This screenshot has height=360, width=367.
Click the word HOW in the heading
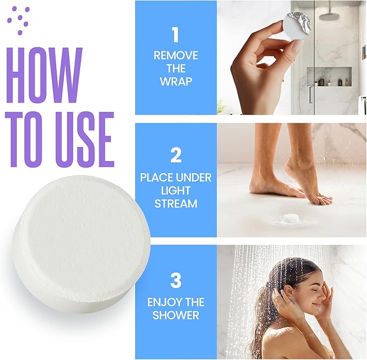coord(45,75)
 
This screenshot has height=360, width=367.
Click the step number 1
coord(175,35)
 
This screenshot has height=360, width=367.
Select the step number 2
coord(176,156)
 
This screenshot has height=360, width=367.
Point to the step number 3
coord(176,281)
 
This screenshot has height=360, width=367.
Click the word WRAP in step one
coord(176,82)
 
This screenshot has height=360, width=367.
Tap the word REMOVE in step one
coord(176,56)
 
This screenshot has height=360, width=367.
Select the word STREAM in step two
coord(176,204)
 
